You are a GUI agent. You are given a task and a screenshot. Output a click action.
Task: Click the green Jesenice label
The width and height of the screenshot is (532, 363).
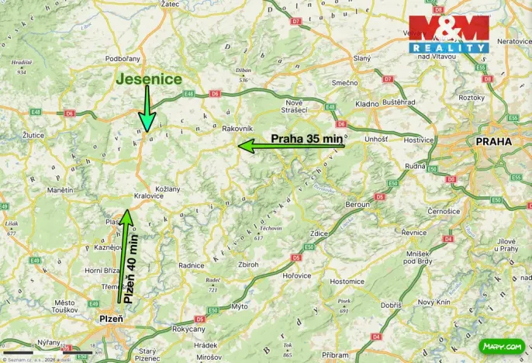150,79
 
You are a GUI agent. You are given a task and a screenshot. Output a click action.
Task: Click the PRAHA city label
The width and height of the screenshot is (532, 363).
494,142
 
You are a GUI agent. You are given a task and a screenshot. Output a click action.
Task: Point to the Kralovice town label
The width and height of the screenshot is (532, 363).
148,196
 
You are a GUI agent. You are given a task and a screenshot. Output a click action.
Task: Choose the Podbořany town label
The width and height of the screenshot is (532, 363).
123,59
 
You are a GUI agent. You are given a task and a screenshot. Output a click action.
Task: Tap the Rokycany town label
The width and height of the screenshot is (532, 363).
188,329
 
